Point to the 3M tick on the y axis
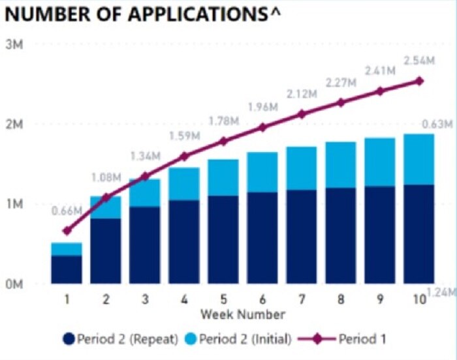pyautogui.click(x=15, y=45)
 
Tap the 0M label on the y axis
pyautogui.click(x=15, y=284)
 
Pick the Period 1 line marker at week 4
pyautogui.click(x=184, y=156)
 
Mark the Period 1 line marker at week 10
pyautogui.click(x=420, y=81)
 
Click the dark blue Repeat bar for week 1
pyautogui.click(x=67, y=269)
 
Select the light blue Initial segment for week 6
pyautogui.click(x=262, y=172)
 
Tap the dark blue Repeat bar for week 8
pyautogui.click(x=341, y=236)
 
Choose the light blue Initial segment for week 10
pyautogui.click(x=419, y=159)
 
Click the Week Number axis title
pyautogui.click(x=243, y=314)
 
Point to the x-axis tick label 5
pyautogui.click(x=223, y=299)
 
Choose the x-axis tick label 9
pyautogui.click(x=380, y=299)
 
